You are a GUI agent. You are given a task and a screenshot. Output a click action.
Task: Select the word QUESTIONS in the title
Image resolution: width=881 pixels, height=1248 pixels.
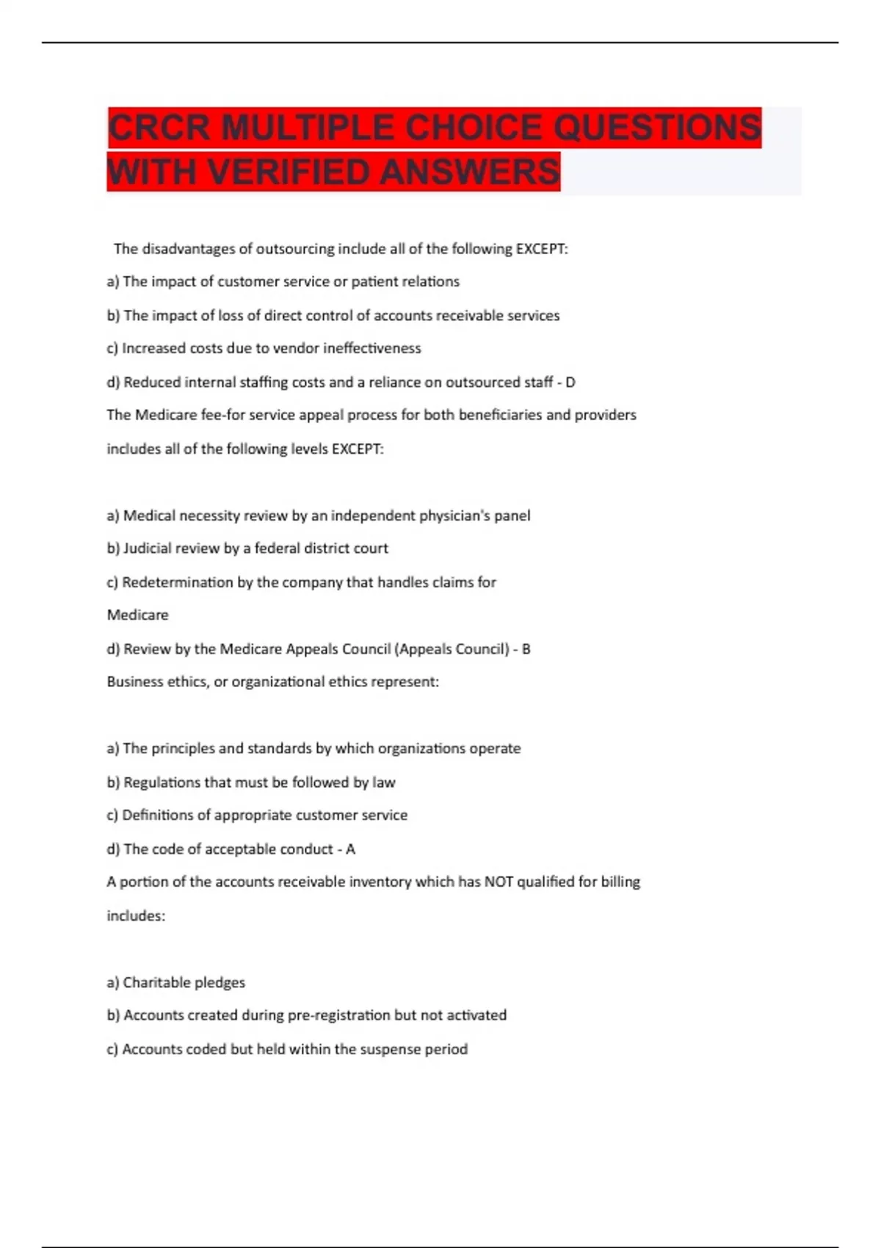656,128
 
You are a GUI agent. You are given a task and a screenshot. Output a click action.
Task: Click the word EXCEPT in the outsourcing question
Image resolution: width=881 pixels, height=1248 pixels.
540,249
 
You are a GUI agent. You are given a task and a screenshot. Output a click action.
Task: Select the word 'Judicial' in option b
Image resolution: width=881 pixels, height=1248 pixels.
149,548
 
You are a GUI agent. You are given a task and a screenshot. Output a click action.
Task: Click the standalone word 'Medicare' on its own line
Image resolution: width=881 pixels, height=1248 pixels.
137,615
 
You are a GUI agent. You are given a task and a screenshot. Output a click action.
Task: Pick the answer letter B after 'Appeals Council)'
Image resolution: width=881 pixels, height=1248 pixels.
526,649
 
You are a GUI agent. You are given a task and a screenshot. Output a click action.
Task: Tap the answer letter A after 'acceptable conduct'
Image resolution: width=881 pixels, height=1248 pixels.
350,849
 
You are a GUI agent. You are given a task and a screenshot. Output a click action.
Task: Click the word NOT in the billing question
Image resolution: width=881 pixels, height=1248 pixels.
498,882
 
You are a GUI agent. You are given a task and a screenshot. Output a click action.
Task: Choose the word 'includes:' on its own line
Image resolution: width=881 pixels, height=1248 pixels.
136,916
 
